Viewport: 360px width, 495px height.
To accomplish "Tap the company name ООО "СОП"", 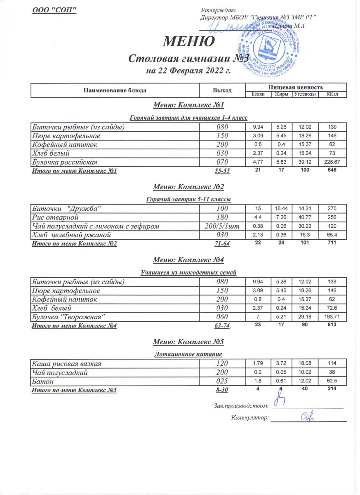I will [55, 10].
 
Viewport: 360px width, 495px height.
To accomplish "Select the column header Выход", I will [222, 90].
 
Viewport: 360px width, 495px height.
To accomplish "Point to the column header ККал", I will [332, 94].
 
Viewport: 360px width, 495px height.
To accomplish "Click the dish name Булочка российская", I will [64, 161].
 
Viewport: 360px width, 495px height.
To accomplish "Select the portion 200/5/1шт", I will [223, 226].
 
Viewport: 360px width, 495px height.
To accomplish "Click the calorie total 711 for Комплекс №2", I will [332, 243].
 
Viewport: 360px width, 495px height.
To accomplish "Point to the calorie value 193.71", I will [332, 316].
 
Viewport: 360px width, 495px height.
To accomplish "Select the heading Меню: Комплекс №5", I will [188, 342].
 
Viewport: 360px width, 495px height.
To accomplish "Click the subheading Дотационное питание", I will [188, 354].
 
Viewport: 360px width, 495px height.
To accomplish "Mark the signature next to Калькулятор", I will [307, 417].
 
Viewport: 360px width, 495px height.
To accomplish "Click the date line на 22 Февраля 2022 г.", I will [188, 71].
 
